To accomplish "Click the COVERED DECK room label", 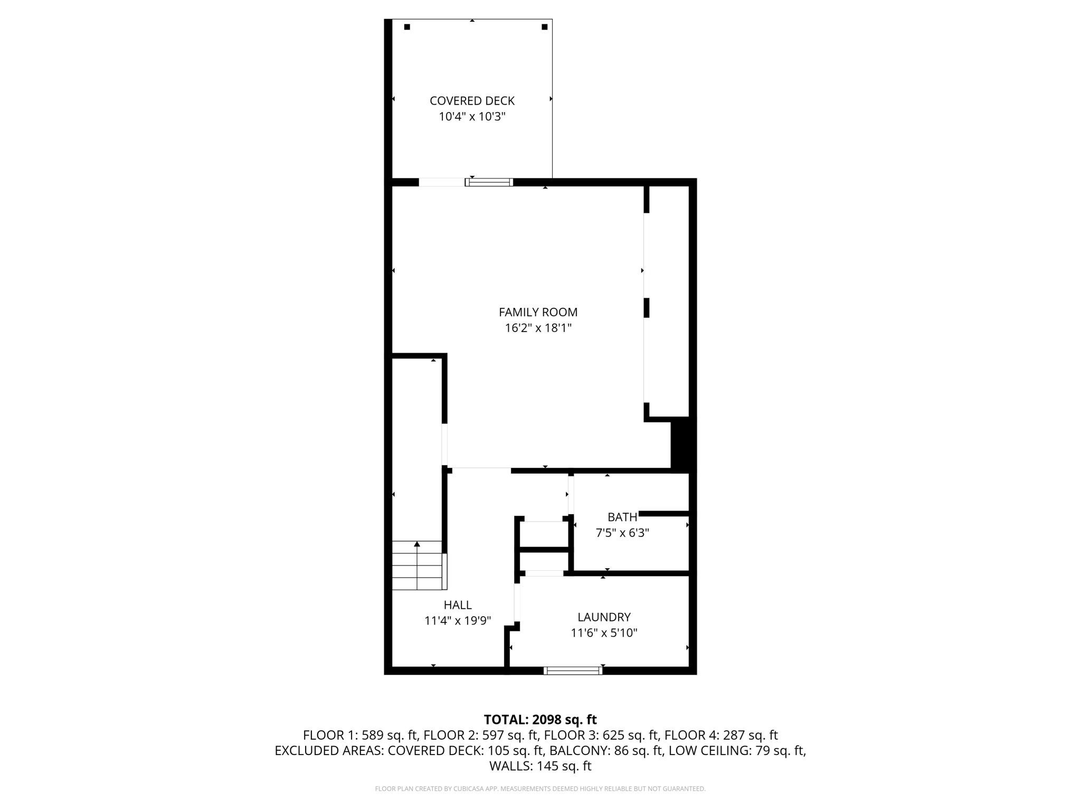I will [472, 101].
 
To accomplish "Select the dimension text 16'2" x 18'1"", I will [538, 328].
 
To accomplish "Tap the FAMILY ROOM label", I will [538, 312].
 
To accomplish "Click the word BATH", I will [622, 517].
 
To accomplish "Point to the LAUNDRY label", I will [604, 617].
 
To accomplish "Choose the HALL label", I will [457, 605].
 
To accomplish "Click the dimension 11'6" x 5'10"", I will [604, 633].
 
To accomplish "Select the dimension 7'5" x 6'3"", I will [622, 533].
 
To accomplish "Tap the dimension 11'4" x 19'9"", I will [457, 620].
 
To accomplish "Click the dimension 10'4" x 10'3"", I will [472, 117].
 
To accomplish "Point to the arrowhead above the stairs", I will [417, 544].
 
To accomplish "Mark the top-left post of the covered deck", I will [407, 27].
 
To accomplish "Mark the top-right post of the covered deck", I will [544, 27].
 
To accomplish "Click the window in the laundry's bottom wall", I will [573, 671].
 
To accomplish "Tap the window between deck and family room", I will [489, 182].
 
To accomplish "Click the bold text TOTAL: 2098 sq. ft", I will [540, 719].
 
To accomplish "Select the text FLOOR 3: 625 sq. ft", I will [601, 735].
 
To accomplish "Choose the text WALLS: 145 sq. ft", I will [540, 766].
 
